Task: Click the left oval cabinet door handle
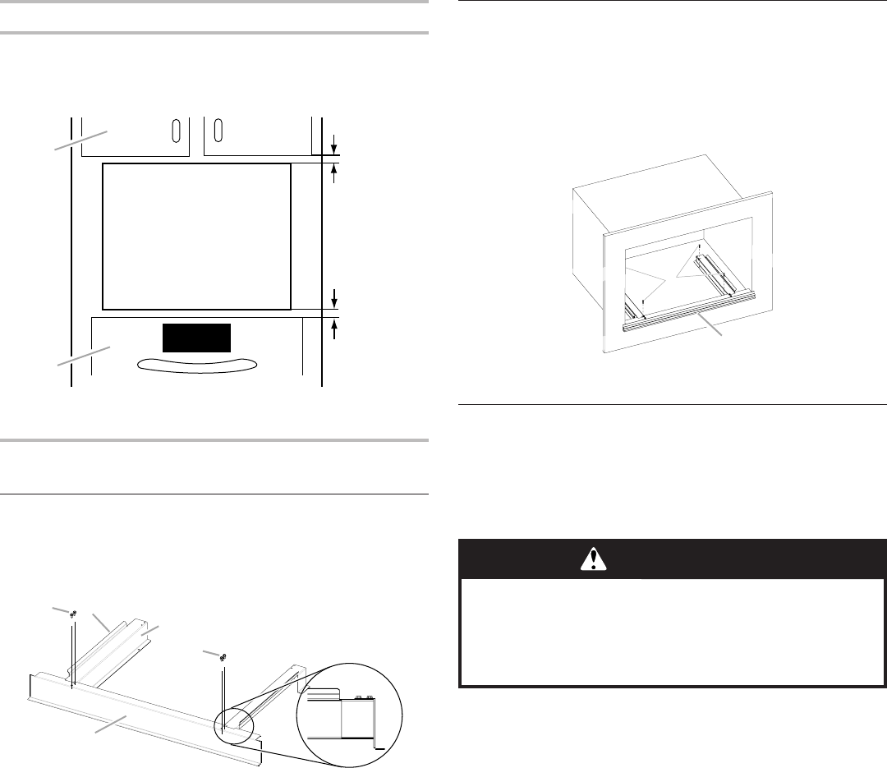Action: pyautogui.click(x=175, y=131)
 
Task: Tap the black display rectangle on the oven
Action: pyautogui.click(x=195, y=337)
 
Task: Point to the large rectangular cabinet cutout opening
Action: pyautogui.click(x=195, y=235)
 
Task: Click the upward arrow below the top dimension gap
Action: pyautogui.click(x=333, y=172)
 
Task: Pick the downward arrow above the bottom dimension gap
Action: pyautogui.click(x=333, y=297)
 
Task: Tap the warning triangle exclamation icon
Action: pyautogui.click(x=592, y=559)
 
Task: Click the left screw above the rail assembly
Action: pyautogui.click(x=73, y=614)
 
